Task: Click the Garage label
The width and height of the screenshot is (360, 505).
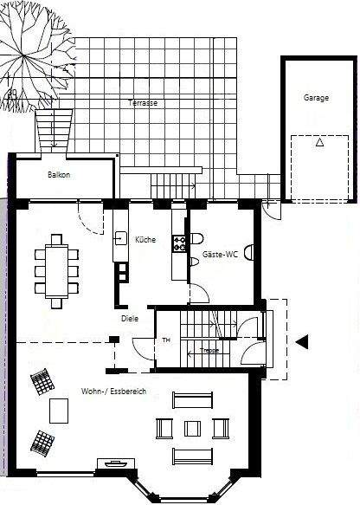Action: (316, 98)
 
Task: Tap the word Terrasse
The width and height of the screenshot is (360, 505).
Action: (143, 102)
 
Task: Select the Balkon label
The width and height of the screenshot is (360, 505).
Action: (58, 175)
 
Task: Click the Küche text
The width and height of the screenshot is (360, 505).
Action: (145, 240)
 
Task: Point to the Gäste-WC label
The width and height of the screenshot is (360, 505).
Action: (220, 255)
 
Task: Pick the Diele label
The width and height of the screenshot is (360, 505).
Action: (130, 318)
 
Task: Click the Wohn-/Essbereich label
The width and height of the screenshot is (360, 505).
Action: (113, 392)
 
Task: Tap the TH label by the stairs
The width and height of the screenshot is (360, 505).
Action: (166, 340)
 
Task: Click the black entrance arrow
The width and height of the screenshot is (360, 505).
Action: (302, 342)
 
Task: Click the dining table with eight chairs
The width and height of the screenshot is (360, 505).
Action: (56, 271)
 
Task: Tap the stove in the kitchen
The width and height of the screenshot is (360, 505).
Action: (180, 244)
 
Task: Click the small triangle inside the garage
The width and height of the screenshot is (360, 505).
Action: (319, 143)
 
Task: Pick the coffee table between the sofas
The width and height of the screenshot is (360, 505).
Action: (191, 428)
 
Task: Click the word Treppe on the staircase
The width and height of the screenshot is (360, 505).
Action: (209, 351)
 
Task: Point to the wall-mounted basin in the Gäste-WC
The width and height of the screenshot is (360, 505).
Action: (250, 253)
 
